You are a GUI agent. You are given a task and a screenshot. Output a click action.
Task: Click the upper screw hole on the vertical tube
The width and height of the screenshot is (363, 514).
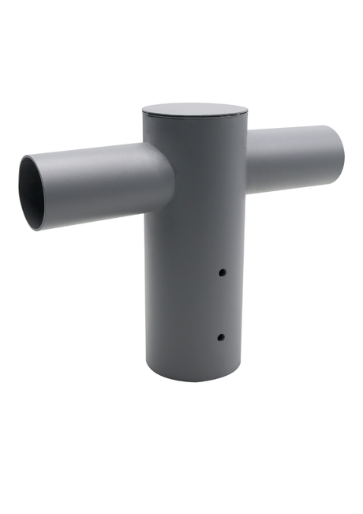pos(223,272)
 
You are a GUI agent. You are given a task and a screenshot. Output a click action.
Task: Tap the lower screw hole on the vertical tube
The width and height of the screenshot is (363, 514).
pos(221,337)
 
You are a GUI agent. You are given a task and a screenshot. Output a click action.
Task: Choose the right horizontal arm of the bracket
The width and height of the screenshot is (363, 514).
pos(292,158)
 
